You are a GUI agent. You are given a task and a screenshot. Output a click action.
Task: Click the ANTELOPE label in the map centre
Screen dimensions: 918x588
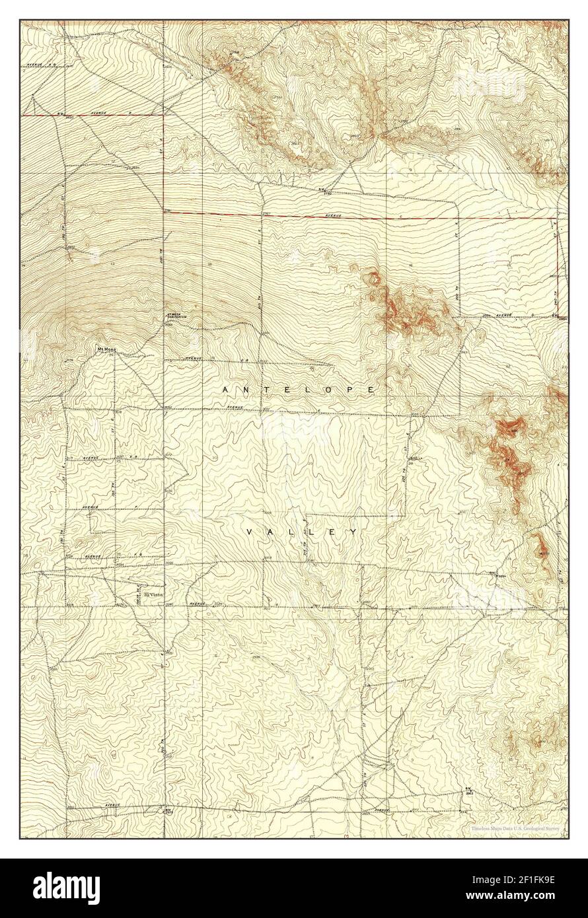pos(299,390)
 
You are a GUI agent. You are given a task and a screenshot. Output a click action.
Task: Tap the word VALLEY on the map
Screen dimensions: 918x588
pos(302,532)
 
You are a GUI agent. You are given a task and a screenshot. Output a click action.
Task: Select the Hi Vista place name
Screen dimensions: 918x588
pos(153,594)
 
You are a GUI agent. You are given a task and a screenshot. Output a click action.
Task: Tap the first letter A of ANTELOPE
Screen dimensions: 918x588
pos(225,390)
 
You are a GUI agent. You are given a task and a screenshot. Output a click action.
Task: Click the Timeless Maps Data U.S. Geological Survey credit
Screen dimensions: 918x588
pos(517,828)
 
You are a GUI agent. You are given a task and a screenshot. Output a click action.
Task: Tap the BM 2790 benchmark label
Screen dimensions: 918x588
pos(323,192)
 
